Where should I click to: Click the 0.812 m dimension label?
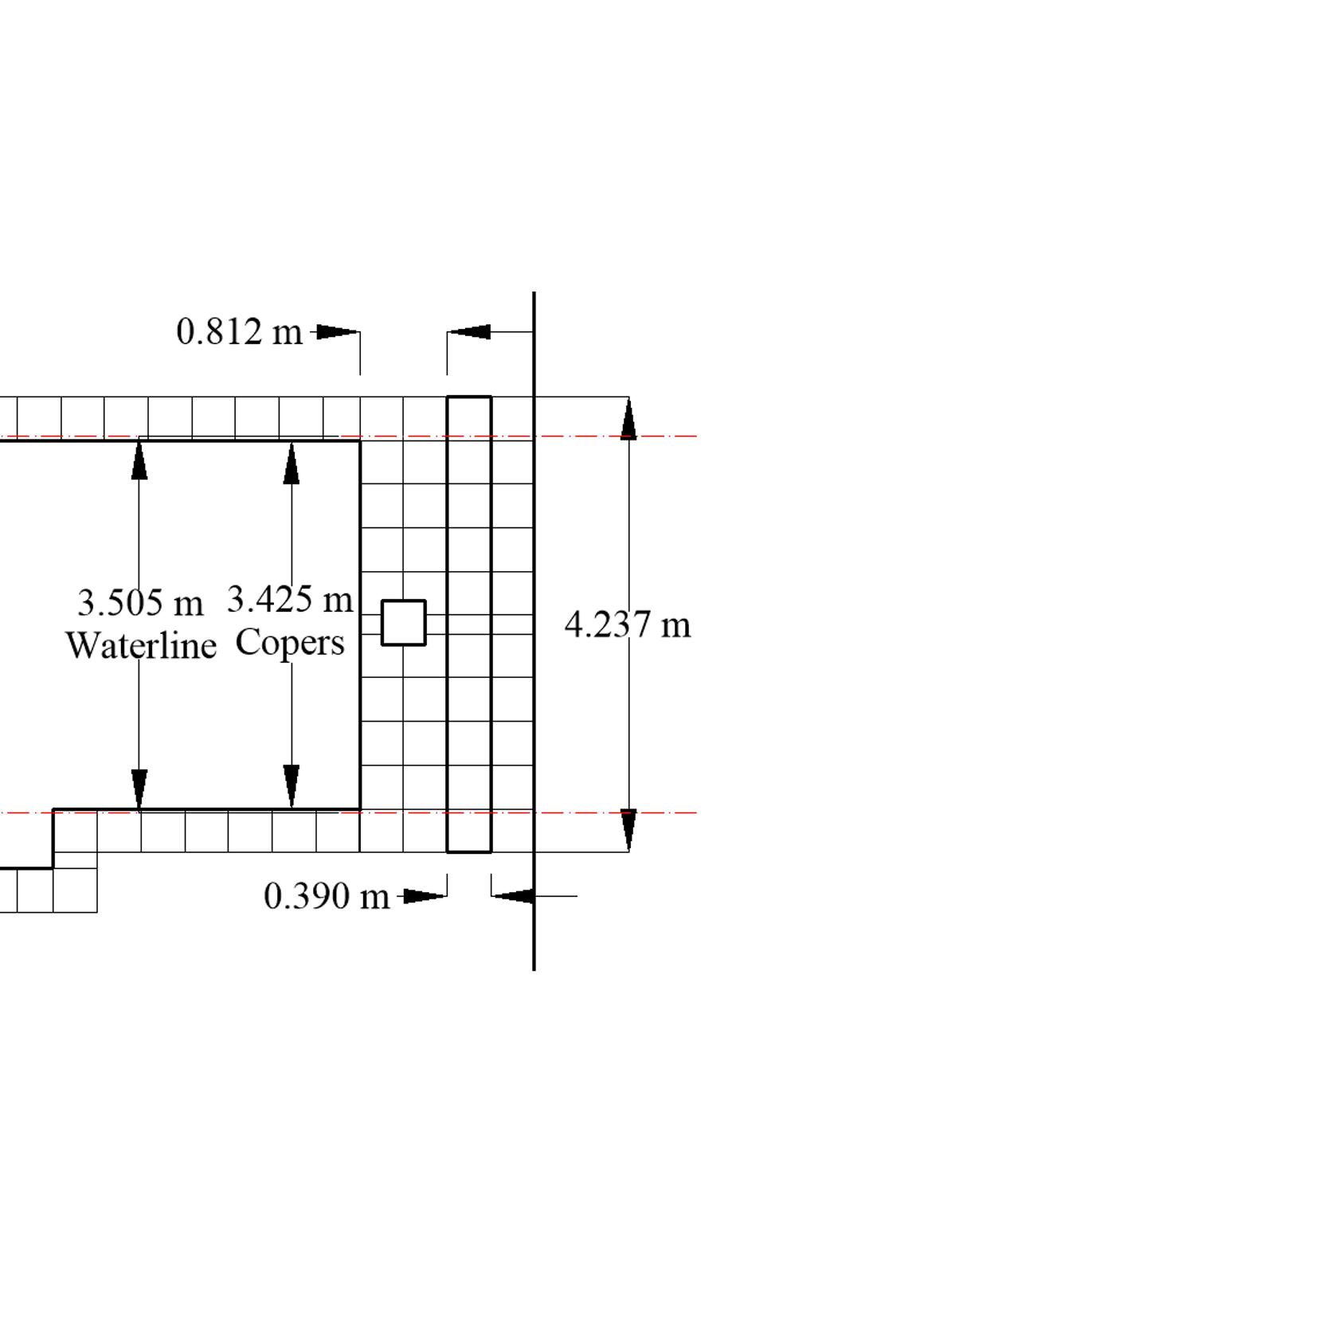pos(239,331)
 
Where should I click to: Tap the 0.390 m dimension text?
pos(327,896)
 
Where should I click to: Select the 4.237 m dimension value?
pos(628,624)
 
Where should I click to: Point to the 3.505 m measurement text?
pos(140,603)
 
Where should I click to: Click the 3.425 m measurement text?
pos(290,599)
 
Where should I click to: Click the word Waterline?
pos(141,645)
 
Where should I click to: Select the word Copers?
pos(290,642)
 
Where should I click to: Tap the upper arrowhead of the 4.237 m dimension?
pos(628,419)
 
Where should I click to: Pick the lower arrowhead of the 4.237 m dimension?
pos(628,830)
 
